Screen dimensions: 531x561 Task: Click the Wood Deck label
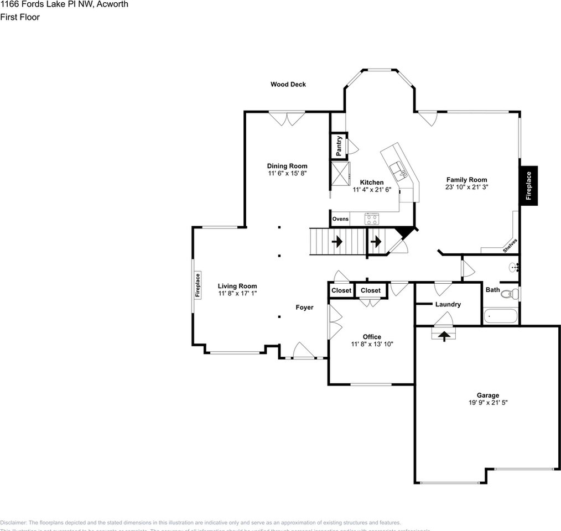[x=288, y=85]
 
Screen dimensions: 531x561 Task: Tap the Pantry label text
[x=339, y=146]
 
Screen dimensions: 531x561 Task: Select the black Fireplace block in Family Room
[x=528, y=186]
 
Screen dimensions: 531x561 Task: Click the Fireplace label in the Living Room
[x=198, y=285]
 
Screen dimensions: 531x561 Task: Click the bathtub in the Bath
[x=501, y=317]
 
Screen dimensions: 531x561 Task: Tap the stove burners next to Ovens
[x=372, y=219]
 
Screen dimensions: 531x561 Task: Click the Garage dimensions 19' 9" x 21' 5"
[x=488, y=403]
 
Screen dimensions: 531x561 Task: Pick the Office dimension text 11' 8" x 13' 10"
[x=372, y=344]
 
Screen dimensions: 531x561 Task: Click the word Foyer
[x=304, y=308]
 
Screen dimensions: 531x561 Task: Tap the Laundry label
[x=448, y=304]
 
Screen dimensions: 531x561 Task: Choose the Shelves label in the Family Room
[x=510, y=246]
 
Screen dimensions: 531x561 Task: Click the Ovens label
[x=340, y=219]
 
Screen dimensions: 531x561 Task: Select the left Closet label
[x=341, y=290]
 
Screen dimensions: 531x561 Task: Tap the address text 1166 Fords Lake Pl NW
[x=64, y=4]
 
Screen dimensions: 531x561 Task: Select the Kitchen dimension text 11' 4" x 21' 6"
[x=372, y=190]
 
